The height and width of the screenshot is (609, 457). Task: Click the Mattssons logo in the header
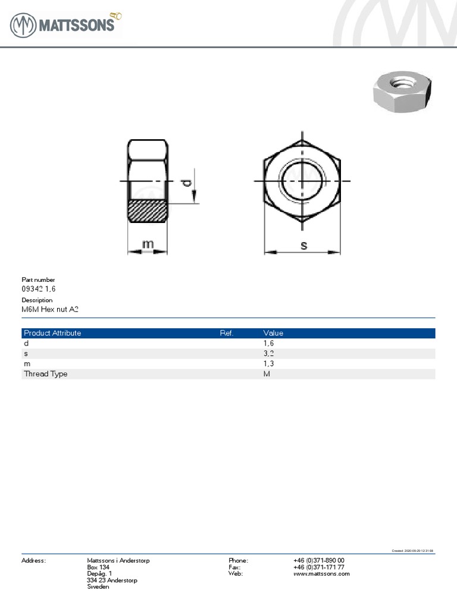pyautogui.click(x=65, y=25)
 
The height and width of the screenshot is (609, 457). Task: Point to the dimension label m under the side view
pyautogui.click(x=148, y=244)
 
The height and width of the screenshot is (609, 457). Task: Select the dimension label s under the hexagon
pyautogui.click(x=303, y=244)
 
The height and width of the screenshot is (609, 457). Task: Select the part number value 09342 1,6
pyautogui.click(x=39, y=288)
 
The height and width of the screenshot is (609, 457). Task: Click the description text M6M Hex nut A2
pyautogui.click(x=50, y=309)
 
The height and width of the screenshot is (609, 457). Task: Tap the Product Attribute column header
pyautogui.click(x=52, y=333)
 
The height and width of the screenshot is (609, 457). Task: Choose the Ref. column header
pyautogui.click(x=226, y=333)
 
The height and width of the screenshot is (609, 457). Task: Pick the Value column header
pyautogui.click(x=273, y=333)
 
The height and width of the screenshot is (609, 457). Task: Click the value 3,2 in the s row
pyautogui.click(x=268, y=353)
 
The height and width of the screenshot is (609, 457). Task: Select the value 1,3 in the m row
pyautogui.click(x=268, y=363)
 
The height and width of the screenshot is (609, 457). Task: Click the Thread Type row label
pyautogui.click(x=45, y=373)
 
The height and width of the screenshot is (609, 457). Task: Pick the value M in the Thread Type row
pyautogui.click(x=267, y=373)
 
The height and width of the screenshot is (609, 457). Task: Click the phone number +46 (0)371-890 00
pyautogui.click(x=318, y=560)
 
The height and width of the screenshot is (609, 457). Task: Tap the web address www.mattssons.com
pyautogui.click(x=321, y=573)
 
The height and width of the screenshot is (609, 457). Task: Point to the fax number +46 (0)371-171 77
pyautogui.click(x=318, y=567)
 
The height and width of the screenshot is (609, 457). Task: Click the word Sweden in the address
pyautogui.click(x=98, y=586)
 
